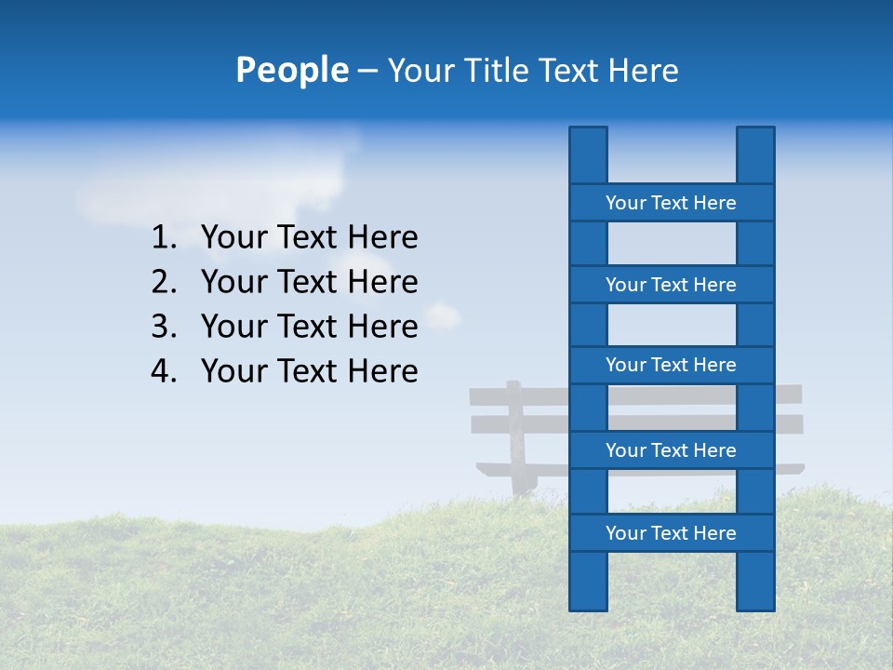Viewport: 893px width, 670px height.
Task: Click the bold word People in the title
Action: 291,70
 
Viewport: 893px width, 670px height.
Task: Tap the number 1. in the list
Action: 164,238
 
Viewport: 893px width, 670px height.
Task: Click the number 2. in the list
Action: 164,282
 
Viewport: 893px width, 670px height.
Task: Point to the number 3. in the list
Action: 164,327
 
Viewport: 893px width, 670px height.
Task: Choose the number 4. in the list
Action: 164,371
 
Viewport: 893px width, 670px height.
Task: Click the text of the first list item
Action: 309,238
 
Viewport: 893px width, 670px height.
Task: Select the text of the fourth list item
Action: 309,371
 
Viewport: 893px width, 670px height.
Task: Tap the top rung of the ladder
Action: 671,203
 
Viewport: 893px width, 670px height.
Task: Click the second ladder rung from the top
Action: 671,285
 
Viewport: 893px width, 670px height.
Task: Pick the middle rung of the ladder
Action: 671,365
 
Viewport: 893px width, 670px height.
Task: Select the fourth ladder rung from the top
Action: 671,450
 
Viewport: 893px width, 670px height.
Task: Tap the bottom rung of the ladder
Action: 671,533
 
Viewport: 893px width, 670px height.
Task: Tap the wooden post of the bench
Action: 515,437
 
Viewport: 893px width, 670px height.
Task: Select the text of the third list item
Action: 309,327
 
